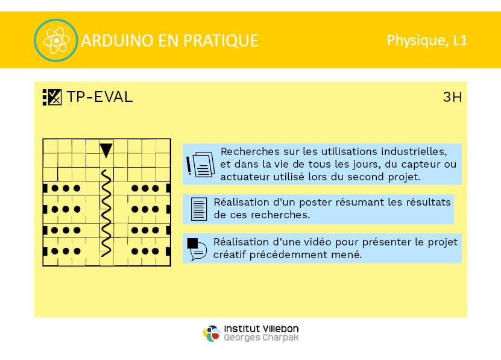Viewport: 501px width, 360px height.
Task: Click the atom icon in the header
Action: click(x=56, y=40)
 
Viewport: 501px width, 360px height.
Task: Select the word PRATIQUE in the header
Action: click(x=221, y=40)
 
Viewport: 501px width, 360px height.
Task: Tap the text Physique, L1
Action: click(x=427, y=40)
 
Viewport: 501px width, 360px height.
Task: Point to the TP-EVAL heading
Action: click(x=99, y=97)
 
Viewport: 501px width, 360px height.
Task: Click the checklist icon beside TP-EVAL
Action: click(x=52, y=97)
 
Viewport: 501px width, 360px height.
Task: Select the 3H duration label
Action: click(x=452, y=97)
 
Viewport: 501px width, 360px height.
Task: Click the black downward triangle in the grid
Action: click(x=106, y=150)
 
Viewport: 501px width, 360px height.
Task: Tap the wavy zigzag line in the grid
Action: click(x=106, y=213)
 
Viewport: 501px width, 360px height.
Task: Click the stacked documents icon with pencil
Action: click(x=201, y=165)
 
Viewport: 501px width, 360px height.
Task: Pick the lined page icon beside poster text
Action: click(x=199, y=209)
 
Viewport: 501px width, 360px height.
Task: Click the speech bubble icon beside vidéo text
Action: click(x=197, y=249)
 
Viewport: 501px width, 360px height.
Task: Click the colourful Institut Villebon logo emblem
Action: click(x=212, y=333)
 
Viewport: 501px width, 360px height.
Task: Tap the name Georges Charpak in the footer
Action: click(x=261, y=338)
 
